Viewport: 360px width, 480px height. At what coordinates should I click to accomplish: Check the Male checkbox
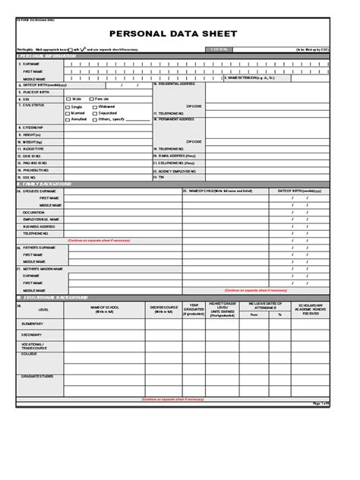(68, 99)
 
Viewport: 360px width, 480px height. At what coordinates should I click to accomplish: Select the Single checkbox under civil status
(68, 107)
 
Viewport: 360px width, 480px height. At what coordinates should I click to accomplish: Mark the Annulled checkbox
(68, 119)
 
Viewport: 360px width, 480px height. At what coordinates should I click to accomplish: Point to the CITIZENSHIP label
(33, 127)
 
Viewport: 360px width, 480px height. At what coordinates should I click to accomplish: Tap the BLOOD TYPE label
(33, 148)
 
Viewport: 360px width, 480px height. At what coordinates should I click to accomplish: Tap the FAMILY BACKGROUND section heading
(47, 185)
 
